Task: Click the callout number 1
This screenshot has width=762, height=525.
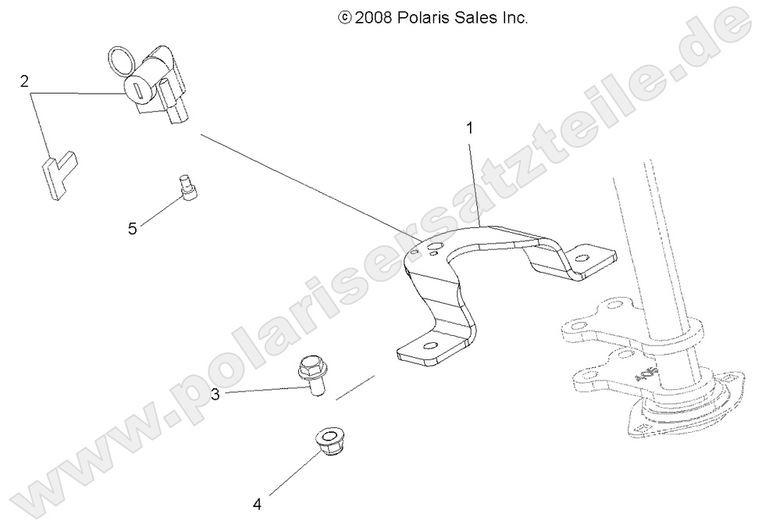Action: tap(470, 127)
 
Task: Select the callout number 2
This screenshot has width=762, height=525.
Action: tap(25, 80)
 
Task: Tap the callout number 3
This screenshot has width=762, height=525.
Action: tap(215, 395)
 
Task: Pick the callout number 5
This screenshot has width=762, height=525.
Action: tap(133, 228)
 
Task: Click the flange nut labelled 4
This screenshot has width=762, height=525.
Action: tap(323, 443)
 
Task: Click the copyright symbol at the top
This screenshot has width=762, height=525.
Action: tap(344, 16)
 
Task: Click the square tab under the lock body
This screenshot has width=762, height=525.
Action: tap(176, 115)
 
